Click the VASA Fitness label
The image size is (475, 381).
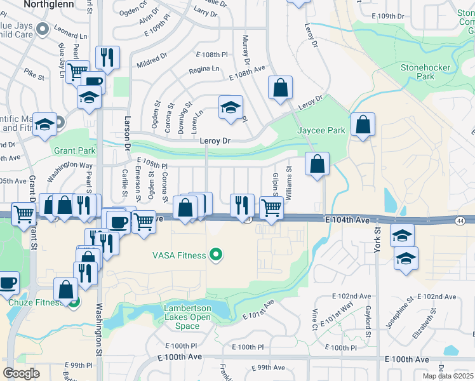(x=179, y=255)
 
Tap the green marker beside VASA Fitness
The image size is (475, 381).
(x=217, y=255)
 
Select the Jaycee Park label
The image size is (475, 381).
(x=321, y=130)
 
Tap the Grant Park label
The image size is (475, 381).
(x=74, y=151)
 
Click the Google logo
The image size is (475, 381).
(x=21, y=373)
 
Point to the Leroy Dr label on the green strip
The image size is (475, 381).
(x=214, y=141)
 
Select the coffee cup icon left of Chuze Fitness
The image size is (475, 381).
(x=8, y=283)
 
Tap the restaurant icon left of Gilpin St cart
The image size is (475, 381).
(x=242, y=205)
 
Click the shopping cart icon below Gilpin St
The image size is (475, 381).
(x=272, y=208)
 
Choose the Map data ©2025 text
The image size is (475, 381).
(x=448, y=376)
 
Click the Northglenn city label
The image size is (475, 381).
(x=50, y=4)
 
